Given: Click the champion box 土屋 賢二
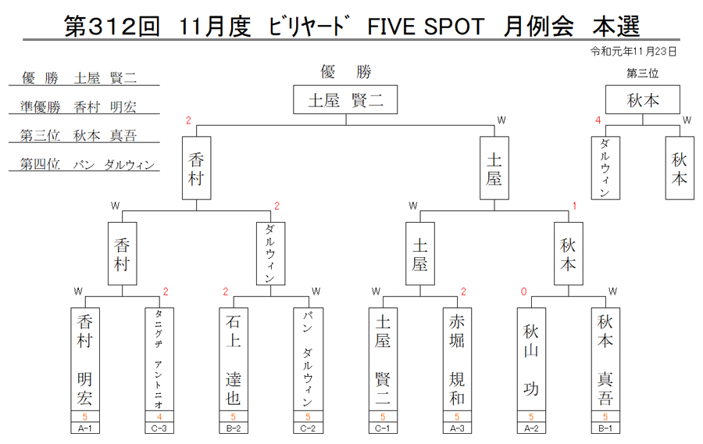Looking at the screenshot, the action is tap(345, 99).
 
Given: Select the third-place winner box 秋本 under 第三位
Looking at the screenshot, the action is tap(643, 99).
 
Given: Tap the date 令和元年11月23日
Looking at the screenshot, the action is tap(633, 52).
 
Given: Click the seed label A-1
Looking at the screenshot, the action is tap(84, 428).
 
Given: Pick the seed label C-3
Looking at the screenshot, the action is tap(159, 428).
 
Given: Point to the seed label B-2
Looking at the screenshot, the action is tap(234, 428).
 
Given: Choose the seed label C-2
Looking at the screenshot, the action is tap(308, 428).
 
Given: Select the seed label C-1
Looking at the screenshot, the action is tap(383, 428).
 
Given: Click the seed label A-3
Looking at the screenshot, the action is tap(457, 428).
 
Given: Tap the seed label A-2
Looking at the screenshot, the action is tap(531, 428).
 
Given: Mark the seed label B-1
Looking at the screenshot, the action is tap(605, 428).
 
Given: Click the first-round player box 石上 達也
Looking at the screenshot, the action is tap(234, 360).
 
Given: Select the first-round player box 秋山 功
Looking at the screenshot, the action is tap(531, 360).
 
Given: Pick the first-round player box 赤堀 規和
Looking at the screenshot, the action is tap(457, 360).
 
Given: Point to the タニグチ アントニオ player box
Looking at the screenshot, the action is tap(159, 360).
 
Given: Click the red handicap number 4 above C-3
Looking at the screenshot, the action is tap(159, 417).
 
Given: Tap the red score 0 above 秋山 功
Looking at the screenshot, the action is tap(523, 292).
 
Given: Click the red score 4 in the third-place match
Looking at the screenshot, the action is tap(598, 120).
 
